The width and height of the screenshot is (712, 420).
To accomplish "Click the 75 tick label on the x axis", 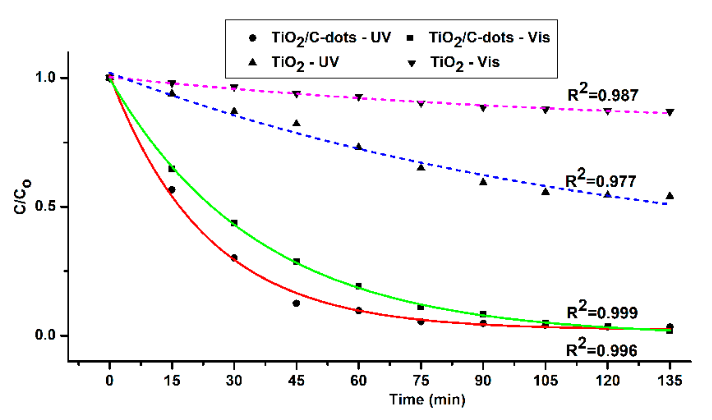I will tap(420, 380).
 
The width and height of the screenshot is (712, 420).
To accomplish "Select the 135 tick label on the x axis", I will tap(669, 380).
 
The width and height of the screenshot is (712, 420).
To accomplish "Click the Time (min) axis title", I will tap(427, 400).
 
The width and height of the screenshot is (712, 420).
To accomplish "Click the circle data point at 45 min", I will tap(296, 303).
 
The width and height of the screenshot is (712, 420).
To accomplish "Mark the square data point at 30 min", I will tap(234, 223).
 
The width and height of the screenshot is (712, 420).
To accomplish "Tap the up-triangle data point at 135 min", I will tap(670, 196).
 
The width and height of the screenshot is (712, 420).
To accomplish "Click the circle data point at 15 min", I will tap(171, 190).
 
